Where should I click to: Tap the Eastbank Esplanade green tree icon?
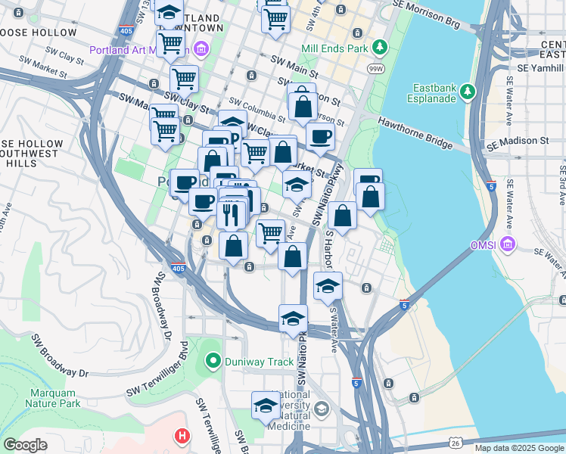(468, 92)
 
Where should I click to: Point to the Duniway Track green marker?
(213, 362)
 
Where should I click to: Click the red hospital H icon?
(182, 436)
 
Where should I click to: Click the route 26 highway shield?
(454, 441)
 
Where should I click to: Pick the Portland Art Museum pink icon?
(201, 51)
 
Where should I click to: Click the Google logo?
(25, 445)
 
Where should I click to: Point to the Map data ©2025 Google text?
(518, 448)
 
